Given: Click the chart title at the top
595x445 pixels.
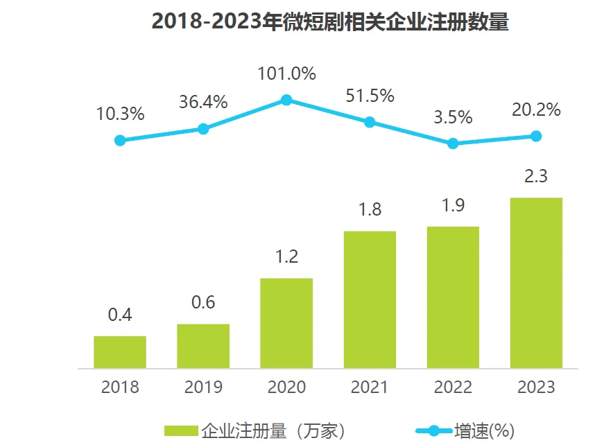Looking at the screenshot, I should tap(330, 22).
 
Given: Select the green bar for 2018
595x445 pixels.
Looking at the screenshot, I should tap(120, 351).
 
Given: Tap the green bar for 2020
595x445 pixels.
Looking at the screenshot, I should tap(286, 322).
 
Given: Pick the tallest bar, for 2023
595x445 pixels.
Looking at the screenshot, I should tap(536, 282).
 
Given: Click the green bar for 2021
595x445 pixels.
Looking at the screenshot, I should tap(370, 299).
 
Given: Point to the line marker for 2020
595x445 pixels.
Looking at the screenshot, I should tap(286, 100).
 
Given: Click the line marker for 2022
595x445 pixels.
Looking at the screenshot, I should tap(453, 143).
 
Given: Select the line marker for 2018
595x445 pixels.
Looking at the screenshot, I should tap(120, 140).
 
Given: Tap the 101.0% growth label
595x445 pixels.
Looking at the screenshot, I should tap(286, 73).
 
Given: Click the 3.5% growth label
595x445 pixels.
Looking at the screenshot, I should tap(453, 116).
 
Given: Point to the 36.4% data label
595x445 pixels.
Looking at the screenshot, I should tap(203, 102).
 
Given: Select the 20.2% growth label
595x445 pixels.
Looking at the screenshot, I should tap(536, 110).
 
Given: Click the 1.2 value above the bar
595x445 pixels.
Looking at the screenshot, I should tap(286, 256).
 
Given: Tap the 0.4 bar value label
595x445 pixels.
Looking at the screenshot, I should tap(120, 315).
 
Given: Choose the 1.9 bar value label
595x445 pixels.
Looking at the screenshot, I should tap(453, 205).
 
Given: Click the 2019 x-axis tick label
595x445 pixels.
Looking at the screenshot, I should tap(203, 387).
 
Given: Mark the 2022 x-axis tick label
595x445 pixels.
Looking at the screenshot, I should tap(453, 387).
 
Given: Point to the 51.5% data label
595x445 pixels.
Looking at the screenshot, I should tap(370, 96).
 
